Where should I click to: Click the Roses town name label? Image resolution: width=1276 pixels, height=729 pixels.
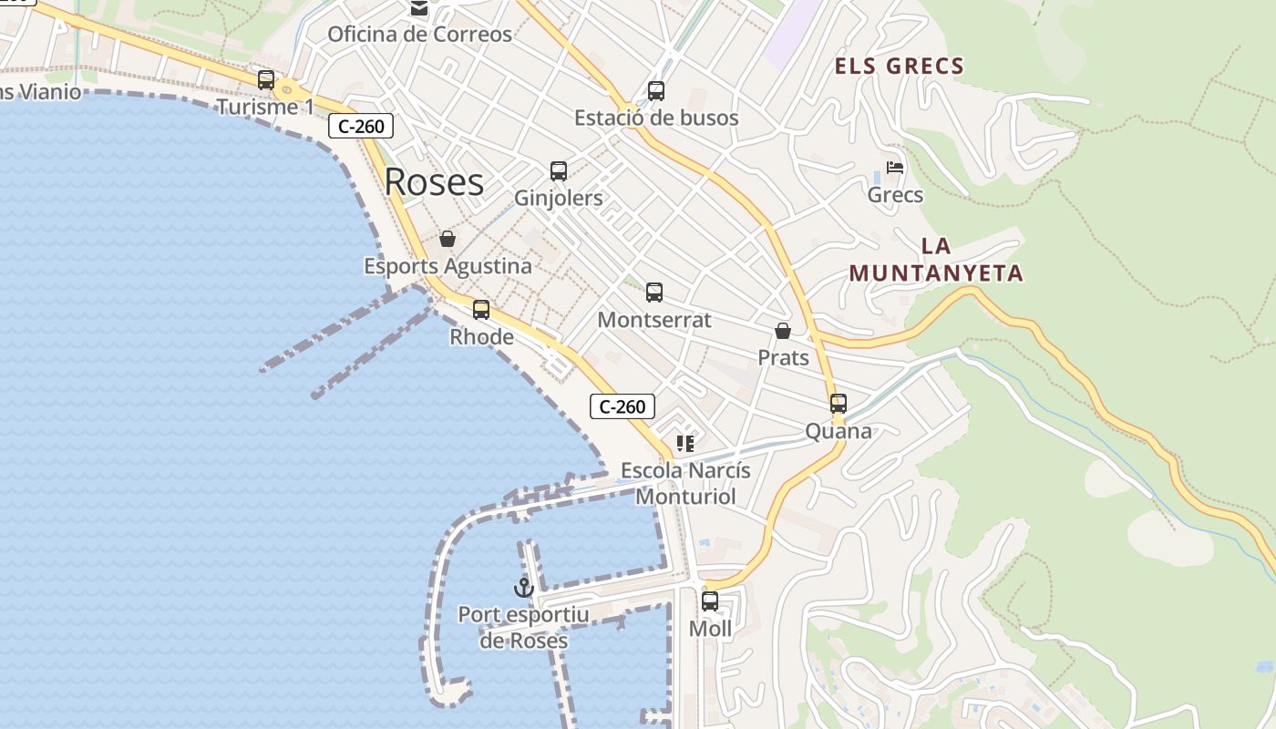pyautogui.click(x=434, y=182)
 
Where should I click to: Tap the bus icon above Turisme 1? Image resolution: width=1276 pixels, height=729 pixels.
pyautogui.click(x=266, y=80)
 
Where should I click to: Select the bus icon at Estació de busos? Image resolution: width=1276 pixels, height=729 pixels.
pyautogui.click(x=656, y=91)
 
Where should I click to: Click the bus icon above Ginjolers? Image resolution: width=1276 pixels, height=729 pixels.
pyautogui.click(x=559, y=171)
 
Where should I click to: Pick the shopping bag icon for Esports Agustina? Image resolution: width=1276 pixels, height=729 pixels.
pyautogui.click(x=448, y=239)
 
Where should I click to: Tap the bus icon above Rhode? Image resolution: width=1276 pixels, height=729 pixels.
pyautogui.click(x=481, y=310)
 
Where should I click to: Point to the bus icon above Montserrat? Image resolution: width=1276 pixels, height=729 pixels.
pyautogui.click(x=654, y=293)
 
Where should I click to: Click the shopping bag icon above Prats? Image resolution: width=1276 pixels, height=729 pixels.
pyautogui.click(x=783, y=330)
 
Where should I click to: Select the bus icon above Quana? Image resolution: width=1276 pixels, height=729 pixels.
pyautogui.click(x=839, y=404)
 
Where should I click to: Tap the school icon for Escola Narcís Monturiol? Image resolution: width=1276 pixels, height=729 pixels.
pyautogui.click(x=685, y=444)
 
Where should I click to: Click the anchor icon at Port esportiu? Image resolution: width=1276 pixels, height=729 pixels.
pyautogui.click(x=523, y=588)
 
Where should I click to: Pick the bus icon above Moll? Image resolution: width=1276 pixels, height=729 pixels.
pyautogui.click(x=710, y=601)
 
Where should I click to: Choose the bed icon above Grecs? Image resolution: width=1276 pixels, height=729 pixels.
pyautogui.click(x=895, y=169)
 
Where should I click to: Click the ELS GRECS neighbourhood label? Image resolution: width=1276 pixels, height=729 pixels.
pyautogui.click(x=900, y=66)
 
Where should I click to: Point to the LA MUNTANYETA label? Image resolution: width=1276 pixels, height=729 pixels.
pyautogui.click(x=936, y=260)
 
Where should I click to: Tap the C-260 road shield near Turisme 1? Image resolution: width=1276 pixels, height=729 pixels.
pyautogui.click(x=361, y=126)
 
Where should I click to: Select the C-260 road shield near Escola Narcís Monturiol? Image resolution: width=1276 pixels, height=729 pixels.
pyautogui.click(x=623, y=406)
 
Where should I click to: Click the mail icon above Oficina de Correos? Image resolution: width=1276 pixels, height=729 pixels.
pyautogui.click(x=419, y=9)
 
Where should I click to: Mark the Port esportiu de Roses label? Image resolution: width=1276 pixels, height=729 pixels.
pyautogui.click(x=523, y=628)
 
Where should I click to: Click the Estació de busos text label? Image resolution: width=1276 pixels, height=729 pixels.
pyautogui.click(x=656, y=118)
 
